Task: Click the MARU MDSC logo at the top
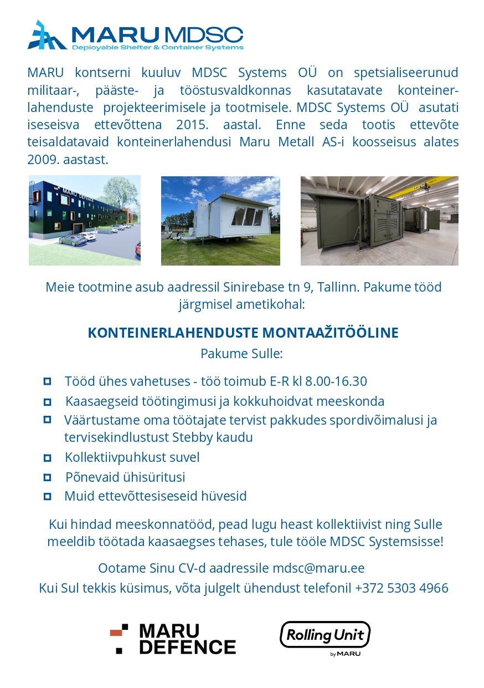pos(136,35)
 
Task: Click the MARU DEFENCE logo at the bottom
pos(173,639)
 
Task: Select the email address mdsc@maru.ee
pos(318,568)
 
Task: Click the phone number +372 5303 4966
pos(401,588)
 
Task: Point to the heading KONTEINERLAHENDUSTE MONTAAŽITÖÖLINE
pos(243,333)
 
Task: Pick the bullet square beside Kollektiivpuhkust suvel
pos(47,457)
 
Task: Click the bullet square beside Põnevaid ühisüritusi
pos(47,477)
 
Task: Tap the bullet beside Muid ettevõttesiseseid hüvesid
pos(47,496)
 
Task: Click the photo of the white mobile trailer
pos(220,221)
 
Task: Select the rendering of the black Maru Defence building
pos(85,221)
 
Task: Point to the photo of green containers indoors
pos(379,221)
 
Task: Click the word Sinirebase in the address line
pos(253,287)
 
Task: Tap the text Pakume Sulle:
pos(241,354)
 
